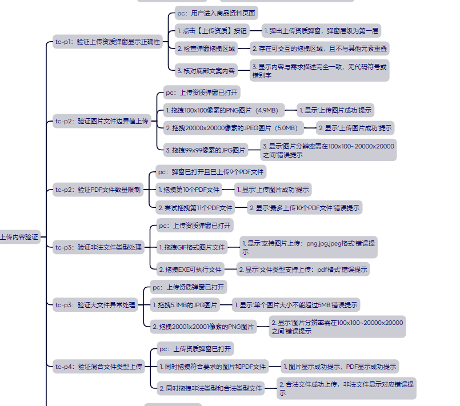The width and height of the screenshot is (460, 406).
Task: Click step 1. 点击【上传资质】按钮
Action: [x=212, y=31]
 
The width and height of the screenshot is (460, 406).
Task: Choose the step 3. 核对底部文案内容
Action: [x=206, y=71]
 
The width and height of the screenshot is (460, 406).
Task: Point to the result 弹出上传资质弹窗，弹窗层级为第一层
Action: [x=321, y=31]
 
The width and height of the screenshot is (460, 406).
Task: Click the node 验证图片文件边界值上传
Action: [x=102, y=121]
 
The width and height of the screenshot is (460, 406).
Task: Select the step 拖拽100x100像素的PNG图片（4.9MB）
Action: [x=222, y=110]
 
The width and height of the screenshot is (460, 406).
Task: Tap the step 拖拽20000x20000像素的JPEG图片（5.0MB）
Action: [x=231, y=128]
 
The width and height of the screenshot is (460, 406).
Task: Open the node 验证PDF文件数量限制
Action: [x=98, y=190]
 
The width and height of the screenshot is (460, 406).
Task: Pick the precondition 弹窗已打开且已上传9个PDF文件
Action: [x=210, y=171]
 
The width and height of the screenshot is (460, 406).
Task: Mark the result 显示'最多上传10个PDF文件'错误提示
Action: [x=305, y=208]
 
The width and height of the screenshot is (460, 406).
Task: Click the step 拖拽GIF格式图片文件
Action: [x=191, y=247]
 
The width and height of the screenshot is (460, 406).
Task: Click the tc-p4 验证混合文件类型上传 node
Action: [x=99, y=367]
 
